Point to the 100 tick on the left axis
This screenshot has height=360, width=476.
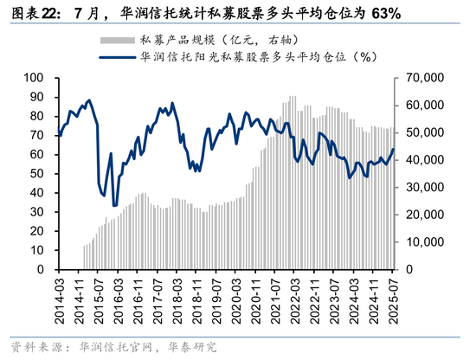35,78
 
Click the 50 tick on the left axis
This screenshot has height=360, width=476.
38,174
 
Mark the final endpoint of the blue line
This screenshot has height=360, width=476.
393,149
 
